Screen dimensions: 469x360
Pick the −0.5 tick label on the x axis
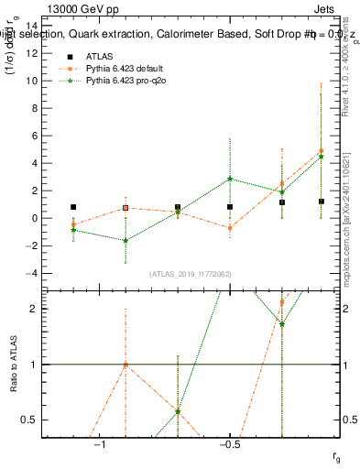click(229, 446)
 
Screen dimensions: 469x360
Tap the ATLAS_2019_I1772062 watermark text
click(191, 274)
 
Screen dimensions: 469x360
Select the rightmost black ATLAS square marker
click(322, 202)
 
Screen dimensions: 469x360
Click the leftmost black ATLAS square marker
click(73, 207)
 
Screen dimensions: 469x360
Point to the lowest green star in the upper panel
click(125, 240)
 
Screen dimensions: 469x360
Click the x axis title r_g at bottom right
click(336, 455)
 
